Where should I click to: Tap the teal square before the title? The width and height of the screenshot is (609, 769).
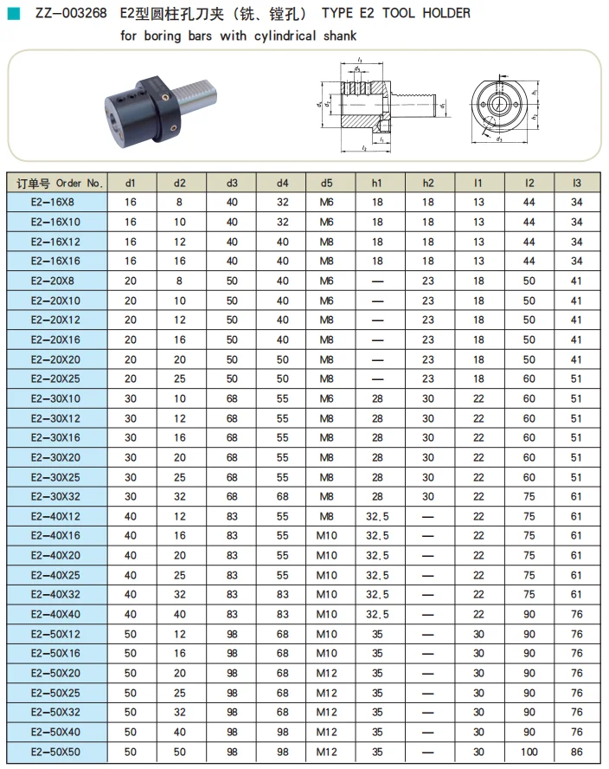coord(14,14)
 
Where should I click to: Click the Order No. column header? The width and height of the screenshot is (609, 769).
coord(60,183)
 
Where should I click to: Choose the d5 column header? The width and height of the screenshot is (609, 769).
coord(326,183)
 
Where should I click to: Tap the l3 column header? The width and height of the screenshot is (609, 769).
coord(577,183)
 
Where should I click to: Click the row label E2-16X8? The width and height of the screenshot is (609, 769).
coord(53,202)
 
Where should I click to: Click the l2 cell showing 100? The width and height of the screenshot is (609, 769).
coord(529,752)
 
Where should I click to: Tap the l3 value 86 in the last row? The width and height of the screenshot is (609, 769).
coord(577,752)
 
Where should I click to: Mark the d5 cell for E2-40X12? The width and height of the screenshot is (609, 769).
coord(326,516)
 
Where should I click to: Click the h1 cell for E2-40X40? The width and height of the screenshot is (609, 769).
coord(377,614)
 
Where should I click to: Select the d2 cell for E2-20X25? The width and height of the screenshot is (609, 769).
coord(179,378)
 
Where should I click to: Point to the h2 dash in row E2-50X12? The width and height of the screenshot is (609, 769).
coord(427,634)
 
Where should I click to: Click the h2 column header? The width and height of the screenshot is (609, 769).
coord(427,183)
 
